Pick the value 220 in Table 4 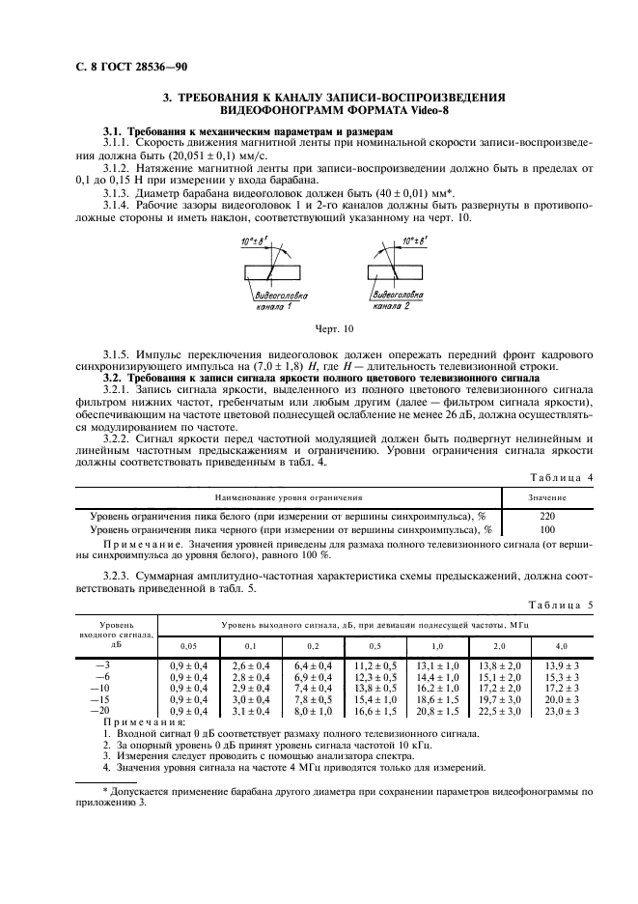click(x=547, y=516)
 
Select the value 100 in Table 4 click(x=547, y=529)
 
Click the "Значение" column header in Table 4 click(x=547, y=497)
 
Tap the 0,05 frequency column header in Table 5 click(x=189, y=644)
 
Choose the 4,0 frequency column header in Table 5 click(x=562, y=644)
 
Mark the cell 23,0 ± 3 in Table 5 click(x=562, y=711)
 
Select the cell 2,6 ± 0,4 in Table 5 click(x=251, y=665)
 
